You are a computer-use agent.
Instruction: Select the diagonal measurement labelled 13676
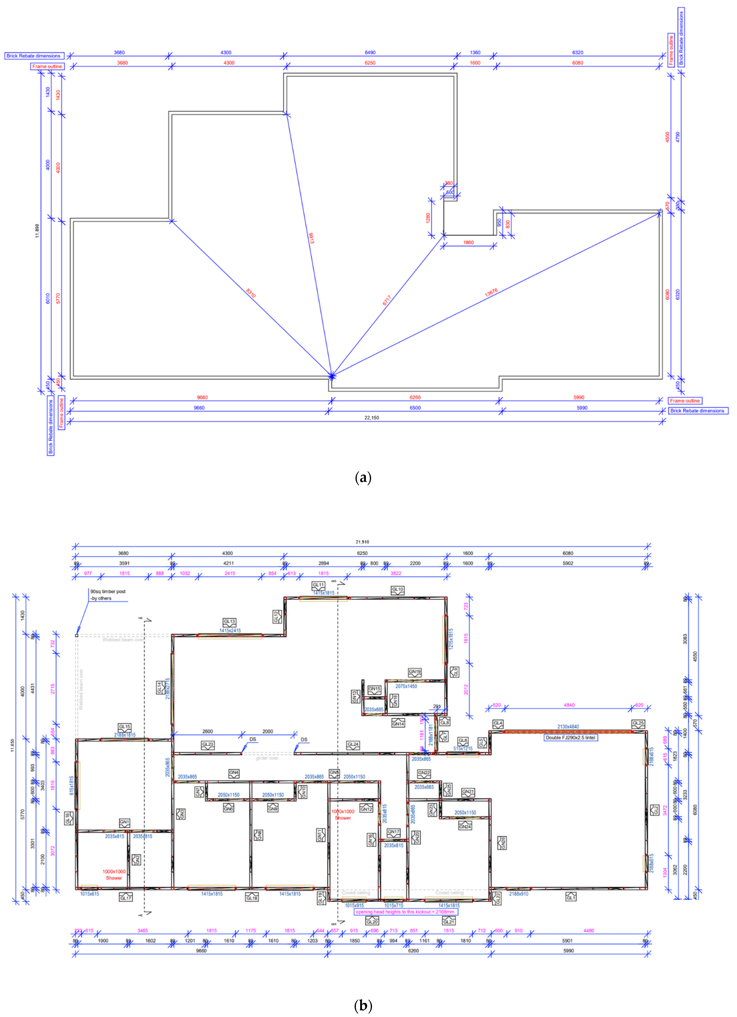(x=491, y=293)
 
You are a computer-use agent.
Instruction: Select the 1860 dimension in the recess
(x=468, y=243)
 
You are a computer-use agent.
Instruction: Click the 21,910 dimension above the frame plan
(x=362, y=542)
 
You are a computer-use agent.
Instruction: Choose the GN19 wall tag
(x=415, y=672)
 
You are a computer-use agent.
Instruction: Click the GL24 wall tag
(x=353, y=744)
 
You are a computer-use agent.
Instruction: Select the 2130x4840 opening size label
(x=568, y=726)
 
